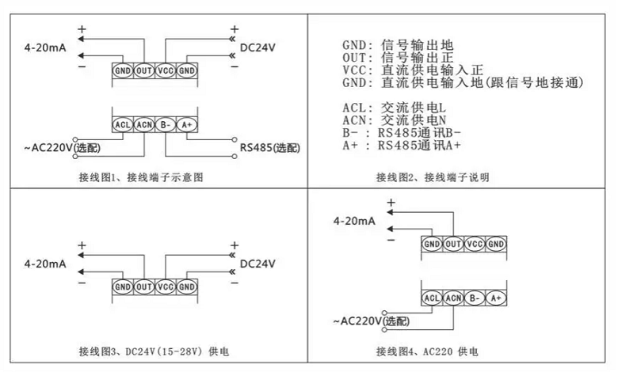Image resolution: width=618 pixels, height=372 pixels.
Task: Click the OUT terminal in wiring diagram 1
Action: pos(144,71)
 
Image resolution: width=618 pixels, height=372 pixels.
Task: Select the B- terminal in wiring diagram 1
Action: pos(166,125)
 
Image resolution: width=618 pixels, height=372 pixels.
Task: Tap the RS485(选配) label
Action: pos(270,148)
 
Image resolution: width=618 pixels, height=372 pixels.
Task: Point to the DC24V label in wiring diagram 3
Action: pos(257,264)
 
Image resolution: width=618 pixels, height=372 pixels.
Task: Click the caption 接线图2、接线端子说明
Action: pos(433,177)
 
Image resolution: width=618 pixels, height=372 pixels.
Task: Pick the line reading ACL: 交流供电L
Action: pos(394,108)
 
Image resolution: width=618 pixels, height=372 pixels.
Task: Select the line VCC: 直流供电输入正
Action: pos(413,70)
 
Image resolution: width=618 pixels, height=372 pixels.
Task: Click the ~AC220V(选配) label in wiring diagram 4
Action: pos(372,321)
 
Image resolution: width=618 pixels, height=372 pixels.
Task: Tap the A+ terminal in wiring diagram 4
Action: pos(496,298)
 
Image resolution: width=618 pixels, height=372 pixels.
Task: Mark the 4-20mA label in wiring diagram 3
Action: pos(45,264)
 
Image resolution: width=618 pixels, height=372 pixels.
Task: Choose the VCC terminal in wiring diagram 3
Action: pos(165,287)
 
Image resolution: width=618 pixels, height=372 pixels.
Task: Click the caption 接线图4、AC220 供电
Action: pos(427,351)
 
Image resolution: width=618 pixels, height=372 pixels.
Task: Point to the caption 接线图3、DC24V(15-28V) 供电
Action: pos(154,351)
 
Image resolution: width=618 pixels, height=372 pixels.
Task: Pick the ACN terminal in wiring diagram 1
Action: pos(144,125)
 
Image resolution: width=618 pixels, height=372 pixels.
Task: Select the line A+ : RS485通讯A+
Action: pos(401,146)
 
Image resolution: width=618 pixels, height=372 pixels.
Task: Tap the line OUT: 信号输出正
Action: pos(398,58)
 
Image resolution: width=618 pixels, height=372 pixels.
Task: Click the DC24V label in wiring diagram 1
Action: pos(257,47)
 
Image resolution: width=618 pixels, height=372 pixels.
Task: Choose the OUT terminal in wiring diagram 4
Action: pos(453,245)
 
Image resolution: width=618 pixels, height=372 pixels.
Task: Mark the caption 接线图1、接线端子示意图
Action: pos(141,177)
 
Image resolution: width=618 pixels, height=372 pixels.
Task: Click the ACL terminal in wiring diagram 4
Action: pos(432,298)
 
